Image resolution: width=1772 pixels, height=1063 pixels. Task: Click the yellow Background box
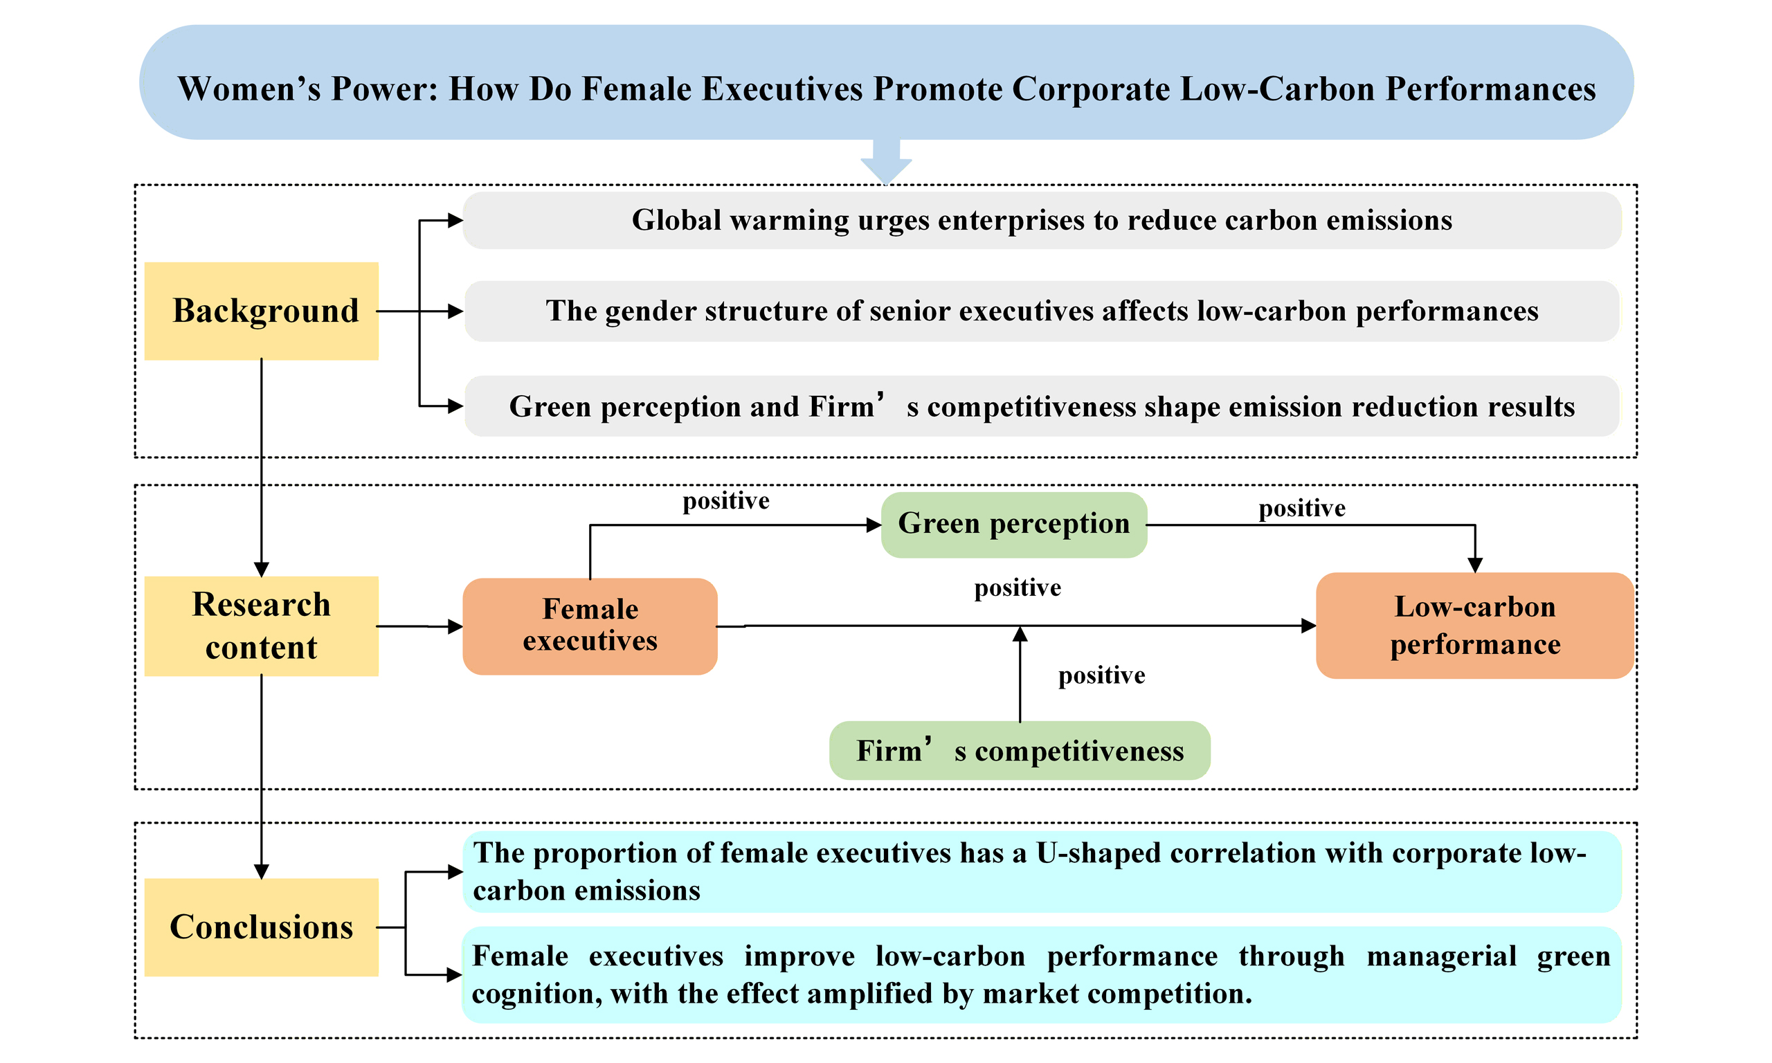click(262, 311)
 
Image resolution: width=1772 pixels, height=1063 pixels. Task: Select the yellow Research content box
click(262, 626)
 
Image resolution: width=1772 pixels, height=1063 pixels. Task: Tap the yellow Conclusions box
click(262, 927)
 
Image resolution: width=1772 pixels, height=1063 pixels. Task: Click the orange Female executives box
click(590, 626)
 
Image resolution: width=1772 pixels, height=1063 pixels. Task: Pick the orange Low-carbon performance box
click(1475, 626)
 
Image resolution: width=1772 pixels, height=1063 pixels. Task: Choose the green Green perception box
click(1013, 525)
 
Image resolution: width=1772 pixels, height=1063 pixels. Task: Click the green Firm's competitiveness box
click(1020, 751)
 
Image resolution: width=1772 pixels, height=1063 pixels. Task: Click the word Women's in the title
click(249, 89)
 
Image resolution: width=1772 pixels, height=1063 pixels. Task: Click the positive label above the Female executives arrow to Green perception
click(725, 500)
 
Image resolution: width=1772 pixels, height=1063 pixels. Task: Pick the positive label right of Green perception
click(1302, 509)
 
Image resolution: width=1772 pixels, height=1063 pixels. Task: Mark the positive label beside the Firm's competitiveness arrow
click(1101, 675)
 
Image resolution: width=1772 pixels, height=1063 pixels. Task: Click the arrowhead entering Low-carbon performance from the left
click(1309, 626)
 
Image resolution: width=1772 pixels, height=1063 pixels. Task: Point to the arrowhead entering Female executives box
click(455, 627)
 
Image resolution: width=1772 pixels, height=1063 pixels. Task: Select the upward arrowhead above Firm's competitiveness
click(1020, 633)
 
